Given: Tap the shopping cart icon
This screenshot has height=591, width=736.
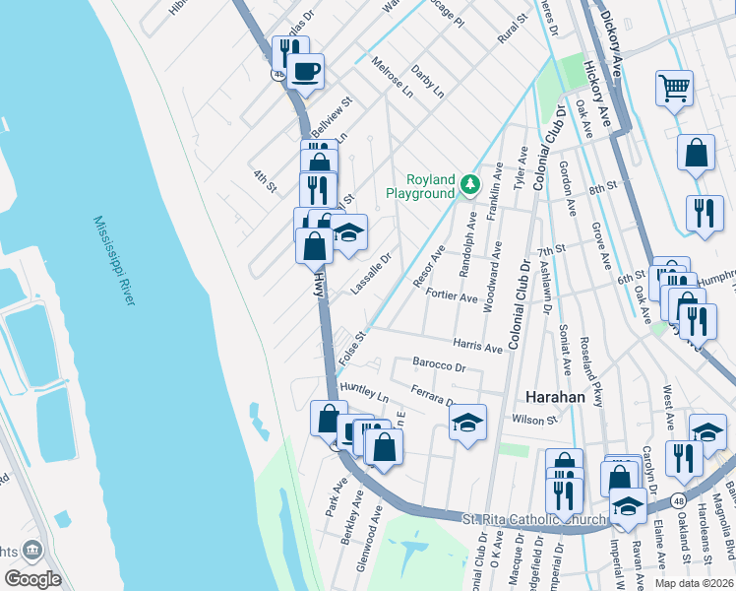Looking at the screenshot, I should (675, 89).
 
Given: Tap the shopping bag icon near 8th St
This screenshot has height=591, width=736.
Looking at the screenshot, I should (696, 153).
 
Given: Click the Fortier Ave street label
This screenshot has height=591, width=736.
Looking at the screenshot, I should (452, 296).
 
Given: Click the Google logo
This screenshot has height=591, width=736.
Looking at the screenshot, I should (33, 579).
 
